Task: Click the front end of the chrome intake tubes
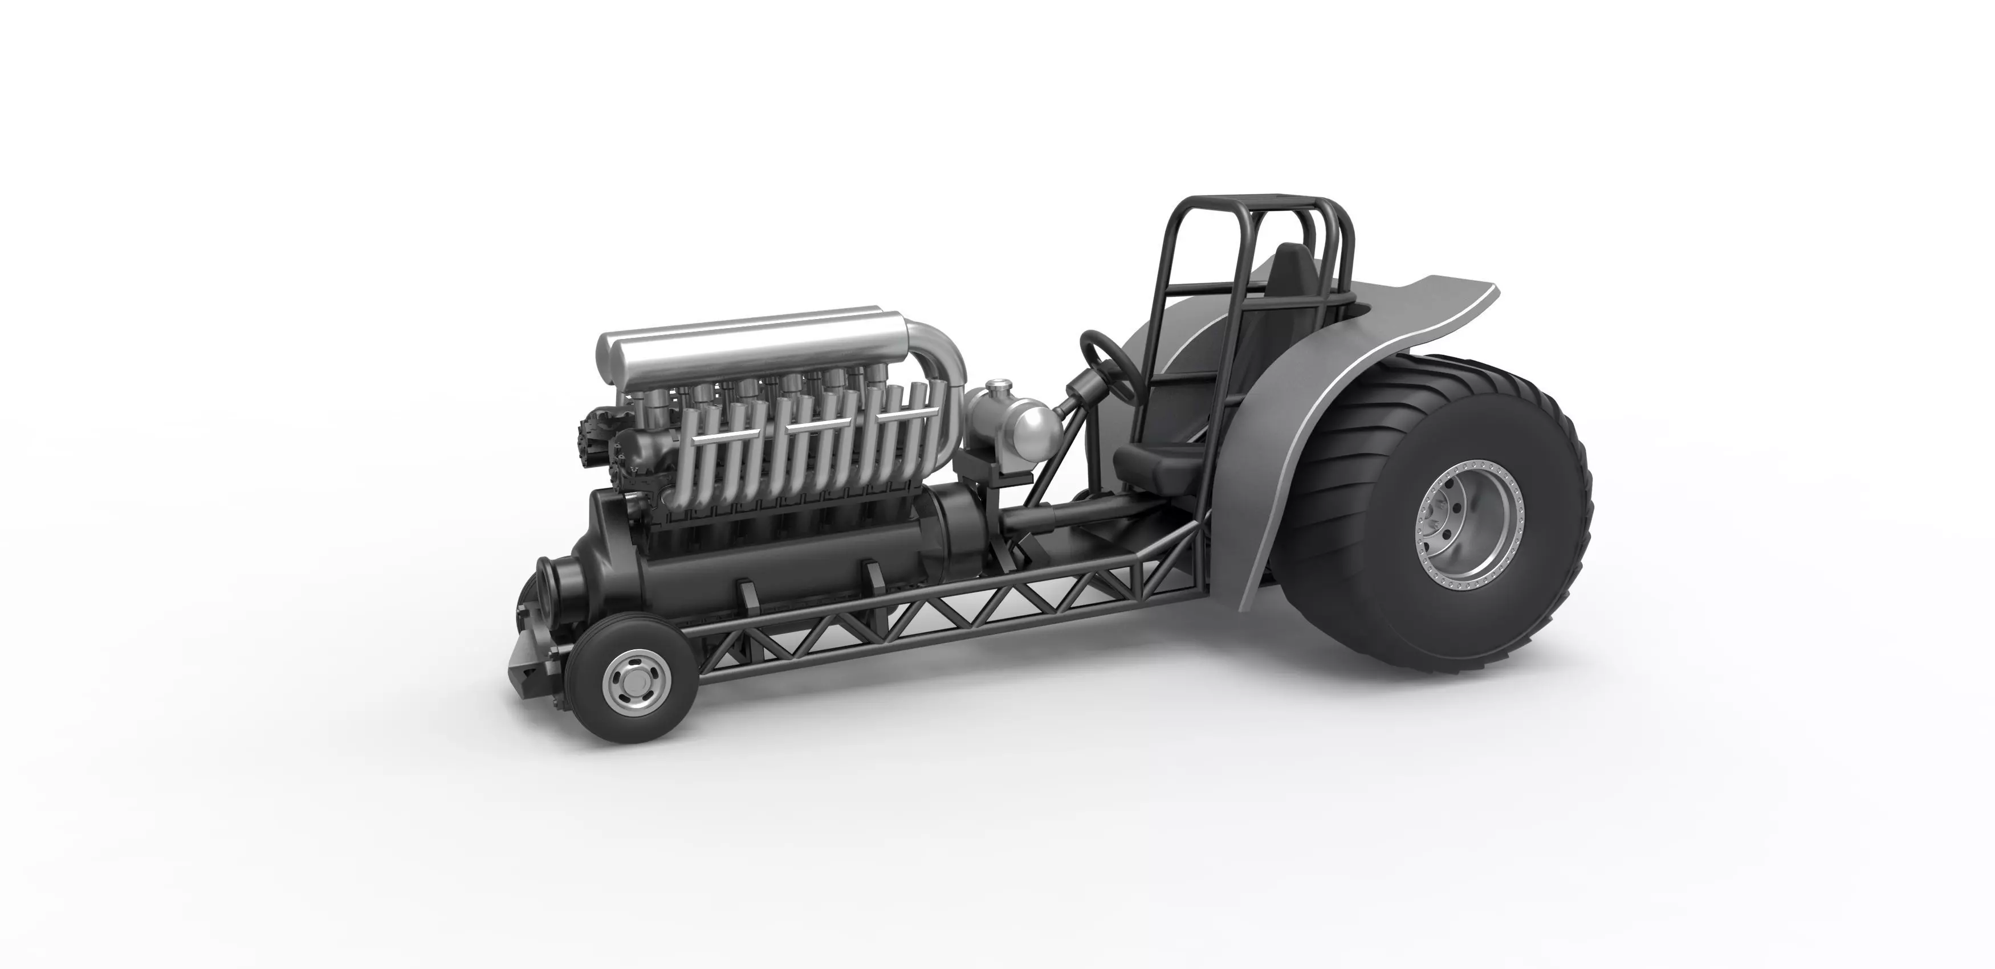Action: pyautogui.click(x=612, y=350)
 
